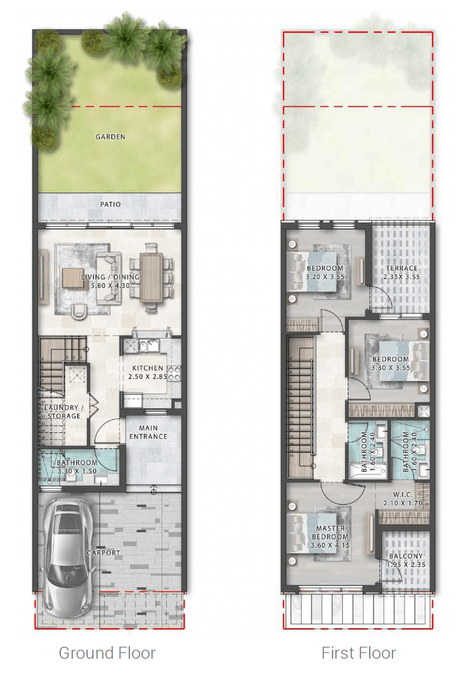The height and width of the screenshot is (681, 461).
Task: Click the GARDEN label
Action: point(110,137)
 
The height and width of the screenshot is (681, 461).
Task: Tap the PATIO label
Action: point(110,204)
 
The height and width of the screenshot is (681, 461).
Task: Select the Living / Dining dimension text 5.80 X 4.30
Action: point(110,285)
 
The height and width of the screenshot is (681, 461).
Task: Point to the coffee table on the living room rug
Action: point(72,277)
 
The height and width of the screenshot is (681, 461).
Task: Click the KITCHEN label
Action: point(148,368)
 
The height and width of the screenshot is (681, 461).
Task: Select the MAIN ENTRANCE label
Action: point(148,432)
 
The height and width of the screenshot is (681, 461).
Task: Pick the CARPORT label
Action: point(104,553)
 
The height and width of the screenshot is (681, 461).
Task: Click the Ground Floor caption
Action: point(107,653)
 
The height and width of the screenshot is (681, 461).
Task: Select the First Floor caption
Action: point(359,653)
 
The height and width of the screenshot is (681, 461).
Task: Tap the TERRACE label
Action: point(402,268)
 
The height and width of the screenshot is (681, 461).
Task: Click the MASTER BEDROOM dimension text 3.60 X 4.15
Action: point(330,545)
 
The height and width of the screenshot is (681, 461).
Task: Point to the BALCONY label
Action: point(406,556)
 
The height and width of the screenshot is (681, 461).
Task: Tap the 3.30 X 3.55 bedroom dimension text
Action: point(391,368)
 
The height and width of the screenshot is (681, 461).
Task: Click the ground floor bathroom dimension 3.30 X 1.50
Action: point(77,471)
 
